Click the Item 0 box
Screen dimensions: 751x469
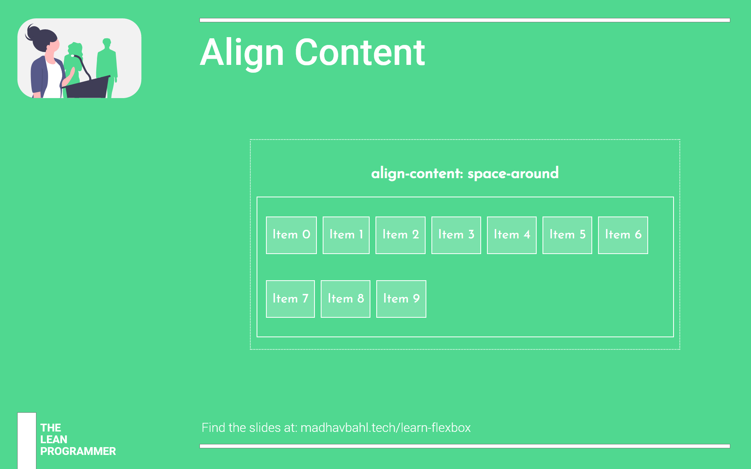291,235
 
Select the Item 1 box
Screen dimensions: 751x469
346,235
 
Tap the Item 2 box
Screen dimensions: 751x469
401,235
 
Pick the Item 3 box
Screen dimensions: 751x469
456,235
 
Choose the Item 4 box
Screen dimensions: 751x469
512,235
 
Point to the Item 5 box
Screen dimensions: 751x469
567,235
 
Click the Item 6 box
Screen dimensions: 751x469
623,235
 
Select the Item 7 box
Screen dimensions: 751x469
290,299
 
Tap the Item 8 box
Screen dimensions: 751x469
345,299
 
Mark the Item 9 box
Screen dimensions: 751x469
401,299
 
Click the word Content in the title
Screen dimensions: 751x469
360,52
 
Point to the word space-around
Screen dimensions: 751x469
513,174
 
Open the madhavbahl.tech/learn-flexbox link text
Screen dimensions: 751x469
386,428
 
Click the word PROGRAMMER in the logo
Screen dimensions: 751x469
78,451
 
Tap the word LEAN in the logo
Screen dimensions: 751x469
54,440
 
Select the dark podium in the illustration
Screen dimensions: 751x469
87,87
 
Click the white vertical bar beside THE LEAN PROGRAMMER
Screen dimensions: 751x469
27,441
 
